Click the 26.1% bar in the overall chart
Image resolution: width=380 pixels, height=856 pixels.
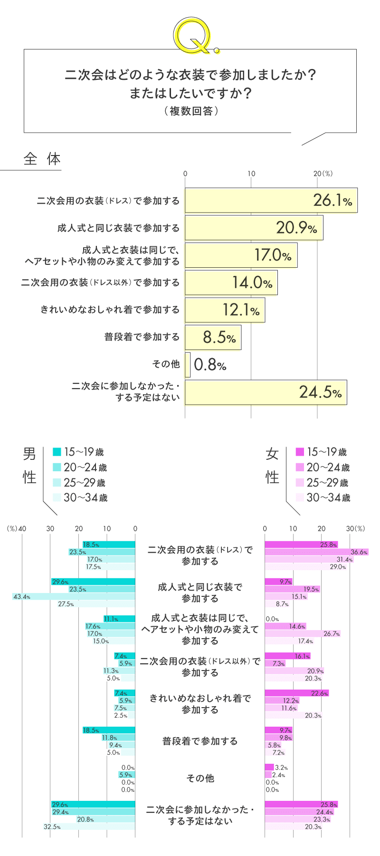(271, 200)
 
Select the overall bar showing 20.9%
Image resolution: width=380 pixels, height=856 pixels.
(254, 228)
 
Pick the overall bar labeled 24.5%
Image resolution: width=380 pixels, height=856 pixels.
(266, 392)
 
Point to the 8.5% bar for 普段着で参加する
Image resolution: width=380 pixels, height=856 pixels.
(213, 337)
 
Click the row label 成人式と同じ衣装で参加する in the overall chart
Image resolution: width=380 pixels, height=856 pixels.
(118, 228)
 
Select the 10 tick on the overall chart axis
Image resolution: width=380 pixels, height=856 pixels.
(251, 174)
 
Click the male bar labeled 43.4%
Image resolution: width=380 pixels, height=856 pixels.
(74, 596)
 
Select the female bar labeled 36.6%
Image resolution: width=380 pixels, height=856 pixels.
(316, 552)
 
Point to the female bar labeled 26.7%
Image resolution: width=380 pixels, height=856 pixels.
(303, 633)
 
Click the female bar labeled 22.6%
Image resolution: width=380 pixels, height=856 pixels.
(296, 693)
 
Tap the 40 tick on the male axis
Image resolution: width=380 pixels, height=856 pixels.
(22, 528)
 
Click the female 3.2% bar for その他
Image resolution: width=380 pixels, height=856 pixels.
(269, 767)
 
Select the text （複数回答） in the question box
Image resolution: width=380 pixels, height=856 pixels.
(190, 111)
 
